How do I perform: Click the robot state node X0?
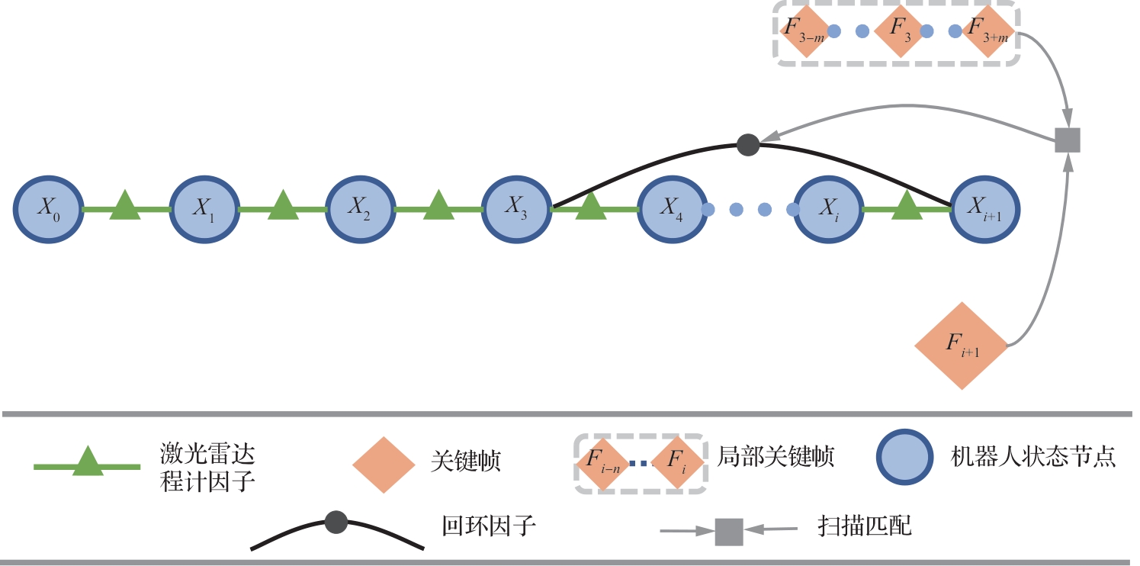tap(48, 208)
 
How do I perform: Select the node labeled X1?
tap(204, 208)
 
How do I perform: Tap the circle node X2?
tap(359, 208)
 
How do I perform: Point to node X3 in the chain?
tap(515, 208)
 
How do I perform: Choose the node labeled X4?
tap(671, 208)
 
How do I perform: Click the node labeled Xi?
tap(827, 208)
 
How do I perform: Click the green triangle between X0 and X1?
tap(125, 207)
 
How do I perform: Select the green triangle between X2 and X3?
tap(437, 207)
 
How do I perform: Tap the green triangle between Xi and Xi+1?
tap(906, 207)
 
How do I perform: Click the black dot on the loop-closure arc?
tap(748, 145)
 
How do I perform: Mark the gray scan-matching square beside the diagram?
tap(1068, 140)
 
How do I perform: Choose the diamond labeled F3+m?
tap(986, 31)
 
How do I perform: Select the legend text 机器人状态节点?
tap(1033, 457)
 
